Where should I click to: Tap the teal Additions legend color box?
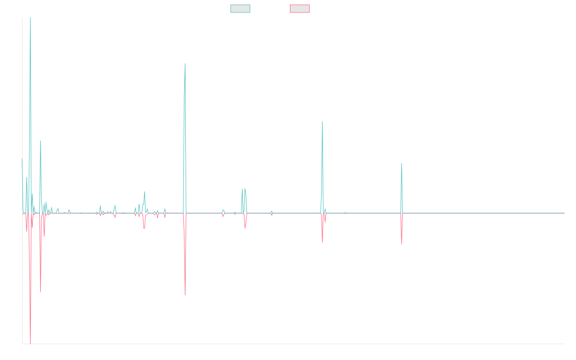240,9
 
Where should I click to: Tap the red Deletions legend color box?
300,9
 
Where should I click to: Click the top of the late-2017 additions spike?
185,64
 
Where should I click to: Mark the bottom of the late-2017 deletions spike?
185,295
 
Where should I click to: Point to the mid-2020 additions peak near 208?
323,121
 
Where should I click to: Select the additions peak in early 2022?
402,164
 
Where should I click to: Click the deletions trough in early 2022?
402,244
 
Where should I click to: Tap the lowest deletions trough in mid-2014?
30,343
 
